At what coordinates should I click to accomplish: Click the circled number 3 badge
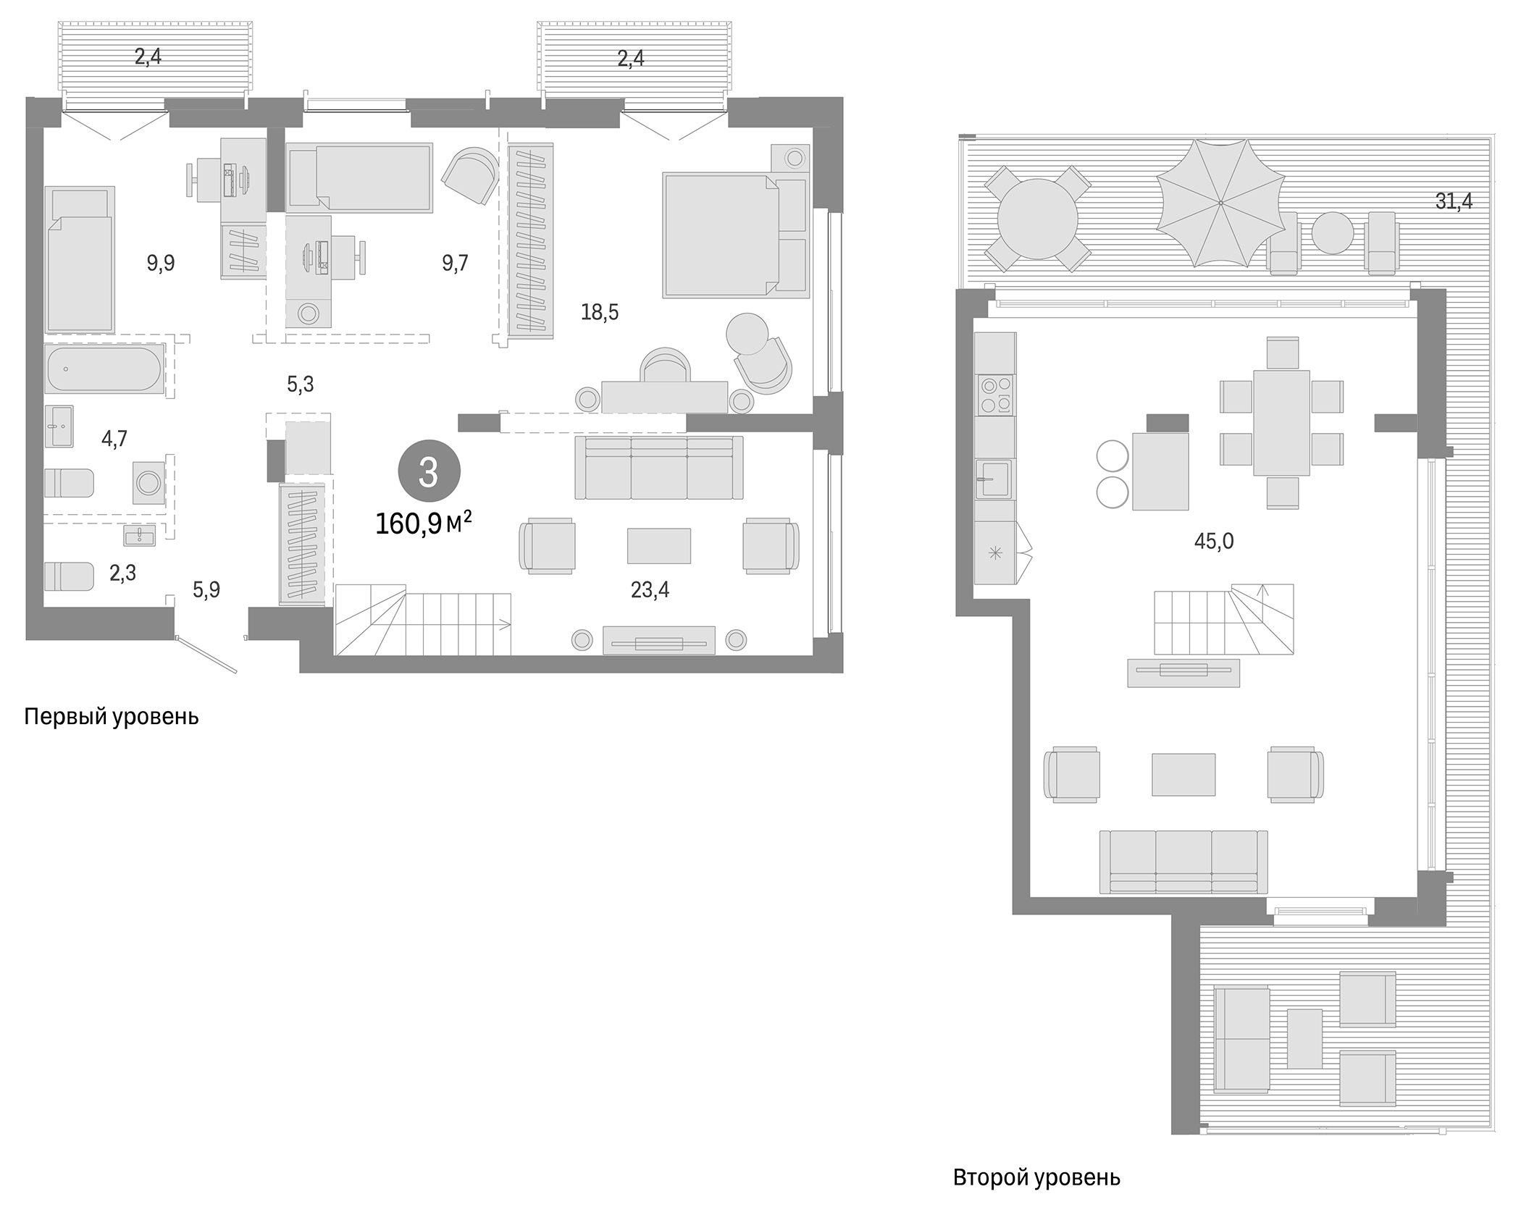[x=428, y=472]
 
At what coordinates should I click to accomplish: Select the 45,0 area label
[x=1214, y=541]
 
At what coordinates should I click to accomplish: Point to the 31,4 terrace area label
[x=1454, y=201]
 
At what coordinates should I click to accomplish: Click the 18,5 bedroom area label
[x=599, y=313]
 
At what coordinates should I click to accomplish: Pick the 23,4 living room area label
[x=650, y=590]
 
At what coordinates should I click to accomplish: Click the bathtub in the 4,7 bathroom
[x=103, y=369]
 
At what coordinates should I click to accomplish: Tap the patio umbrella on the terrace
[x=1220, y=203]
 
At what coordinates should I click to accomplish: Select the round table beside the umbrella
[x=1037, y=218]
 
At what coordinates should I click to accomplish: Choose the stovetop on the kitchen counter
[x=995, y=395]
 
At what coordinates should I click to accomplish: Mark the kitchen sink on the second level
[x=993, y=479]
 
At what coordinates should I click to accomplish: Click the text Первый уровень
[x=111, y=717]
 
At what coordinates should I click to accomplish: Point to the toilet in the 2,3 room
[x=69, y=576]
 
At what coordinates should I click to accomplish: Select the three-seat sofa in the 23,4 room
[x=658, y=468]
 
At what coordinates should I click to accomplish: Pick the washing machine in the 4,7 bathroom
[x=148, y=482]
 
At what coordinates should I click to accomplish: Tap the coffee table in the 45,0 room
[x=1183, y=774]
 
